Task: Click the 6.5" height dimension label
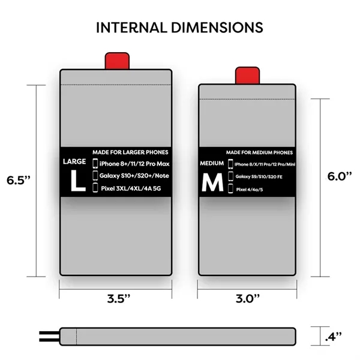[17, 179]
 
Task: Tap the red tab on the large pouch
[118, 61]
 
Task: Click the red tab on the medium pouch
[247, 76]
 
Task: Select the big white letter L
[77, 181]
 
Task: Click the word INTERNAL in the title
[134, 28]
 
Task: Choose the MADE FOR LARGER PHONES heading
[131, 152]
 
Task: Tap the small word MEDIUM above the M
[211, 164]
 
